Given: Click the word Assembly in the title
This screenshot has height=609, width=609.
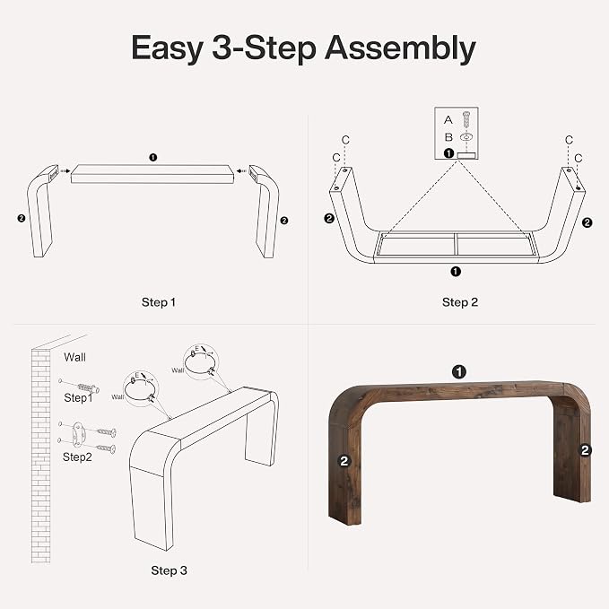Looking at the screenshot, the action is (x=400, y=48).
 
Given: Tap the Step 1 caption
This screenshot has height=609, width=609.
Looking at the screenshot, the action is (x=159, y=302).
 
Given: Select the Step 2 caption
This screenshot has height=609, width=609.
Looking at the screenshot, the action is (x=460, y=302).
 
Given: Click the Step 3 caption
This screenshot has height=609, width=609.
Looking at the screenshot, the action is (x=169, y=570).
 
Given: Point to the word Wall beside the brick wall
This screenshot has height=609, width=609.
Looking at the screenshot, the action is (x=74, y=357).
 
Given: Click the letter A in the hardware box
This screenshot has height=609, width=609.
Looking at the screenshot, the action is (x=448, y=119).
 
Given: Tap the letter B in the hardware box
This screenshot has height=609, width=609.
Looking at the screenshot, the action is (x=448, y=137).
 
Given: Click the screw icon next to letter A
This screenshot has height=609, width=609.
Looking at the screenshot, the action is (x=466, y=119).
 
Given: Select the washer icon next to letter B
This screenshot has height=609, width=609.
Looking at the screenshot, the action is (x=466, y=136).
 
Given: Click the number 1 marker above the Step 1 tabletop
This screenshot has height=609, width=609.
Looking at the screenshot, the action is (x=153, y=157).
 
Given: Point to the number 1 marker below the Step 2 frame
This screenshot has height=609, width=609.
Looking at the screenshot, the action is (x=456, y=272).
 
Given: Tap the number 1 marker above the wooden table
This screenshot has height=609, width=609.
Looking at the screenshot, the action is (x=459, y=372).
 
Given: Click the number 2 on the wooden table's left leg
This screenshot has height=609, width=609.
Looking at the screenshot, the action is (x=344, y=461).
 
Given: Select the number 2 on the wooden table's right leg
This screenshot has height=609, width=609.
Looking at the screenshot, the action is (x=585, y=450).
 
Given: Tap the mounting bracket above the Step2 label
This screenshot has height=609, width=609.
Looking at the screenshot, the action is (x=78, y=433).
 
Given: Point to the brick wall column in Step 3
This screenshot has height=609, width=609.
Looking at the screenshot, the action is (x=40, y=456).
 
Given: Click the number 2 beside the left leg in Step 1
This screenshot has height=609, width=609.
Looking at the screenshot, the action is (x=22, y=218).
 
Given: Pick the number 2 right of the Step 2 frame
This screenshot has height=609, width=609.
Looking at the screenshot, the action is (x=587, y=222).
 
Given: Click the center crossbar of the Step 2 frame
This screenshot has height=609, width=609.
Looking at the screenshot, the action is (x=456, y=244).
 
